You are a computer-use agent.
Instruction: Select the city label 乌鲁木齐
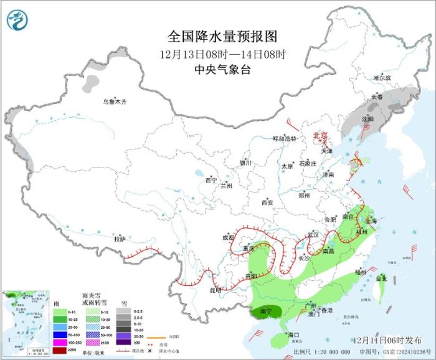click(115, 102)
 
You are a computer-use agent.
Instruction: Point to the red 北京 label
click(319, 135)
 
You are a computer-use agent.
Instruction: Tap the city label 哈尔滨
click(382, 78)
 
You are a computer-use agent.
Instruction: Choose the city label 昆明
click(215, 290)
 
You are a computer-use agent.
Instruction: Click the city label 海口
click(294, 335)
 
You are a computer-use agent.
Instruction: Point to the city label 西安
click(267, 202)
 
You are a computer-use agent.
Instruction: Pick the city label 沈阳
click(367, 118)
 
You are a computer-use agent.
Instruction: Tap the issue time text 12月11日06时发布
click(386, 340)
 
